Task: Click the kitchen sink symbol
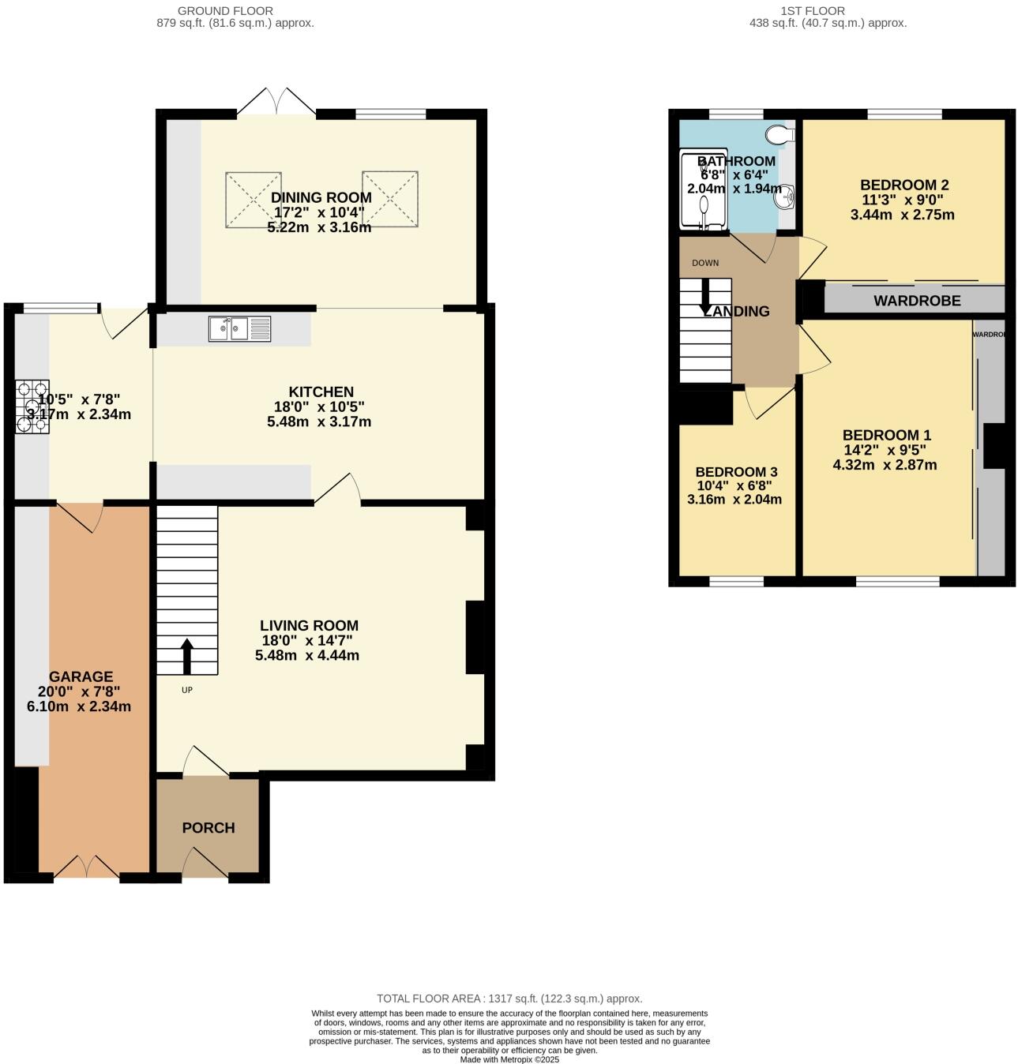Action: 240,329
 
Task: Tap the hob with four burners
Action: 32,406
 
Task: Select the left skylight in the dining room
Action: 254,199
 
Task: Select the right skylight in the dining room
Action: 390,199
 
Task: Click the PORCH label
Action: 208,828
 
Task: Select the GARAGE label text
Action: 81,676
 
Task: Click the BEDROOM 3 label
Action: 736,472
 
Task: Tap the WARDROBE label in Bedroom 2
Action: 917,301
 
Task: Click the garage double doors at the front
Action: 87,867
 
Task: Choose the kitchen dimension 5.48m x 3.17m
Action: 319,421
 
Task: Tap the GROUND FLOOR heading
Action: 225,11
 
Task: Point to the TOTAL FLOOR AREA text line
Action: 509,998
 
